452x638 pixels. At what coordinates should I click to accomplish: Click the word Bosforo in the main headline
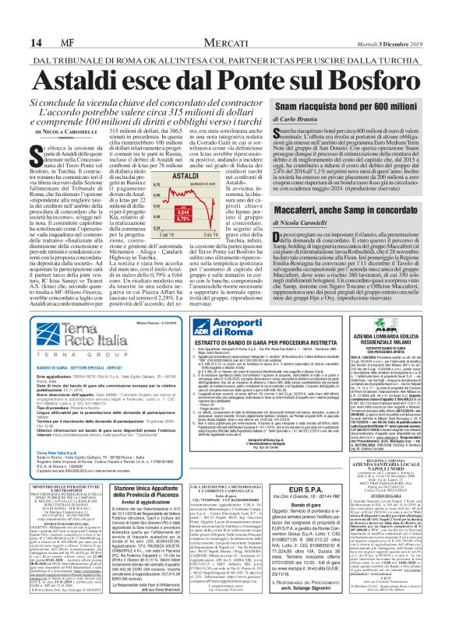click(x=350, y=80)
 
